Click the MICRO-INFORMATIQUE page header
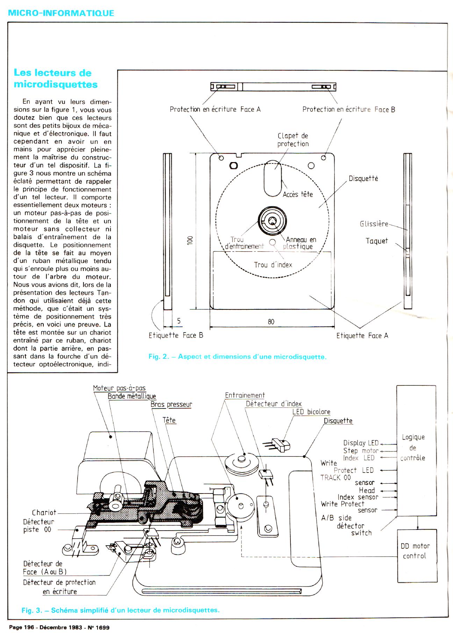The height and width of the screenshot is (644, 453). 61,13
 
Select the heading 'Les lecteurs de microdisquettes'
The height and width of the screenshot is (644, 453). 56,79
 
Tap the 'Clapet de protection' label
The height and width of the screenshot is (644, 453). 293,140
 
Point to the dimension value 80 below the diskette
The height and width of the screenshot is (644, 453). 271,322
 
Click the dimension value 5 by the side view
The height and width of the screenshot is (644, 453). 179,321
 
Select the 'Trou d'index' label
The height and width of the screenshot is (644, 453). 273,265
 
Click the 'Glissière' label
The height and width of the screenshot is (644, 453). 374,224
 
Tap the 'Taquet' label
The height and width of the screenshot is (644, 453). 376,241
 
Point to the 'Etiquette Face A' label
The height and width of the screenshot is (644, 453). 362,336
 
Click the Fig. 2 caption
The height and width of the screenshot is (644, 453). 237,357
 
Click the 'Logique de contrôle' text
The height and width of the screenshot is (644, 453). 413,447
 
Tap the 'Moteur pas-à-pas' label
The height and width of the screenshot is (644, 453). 119,388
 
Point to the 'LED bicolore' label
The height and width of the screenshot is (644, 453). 311,412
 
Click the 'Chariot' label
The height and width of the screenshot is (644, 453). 44,513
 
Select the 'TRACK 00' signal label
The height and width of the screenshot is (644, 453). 336,477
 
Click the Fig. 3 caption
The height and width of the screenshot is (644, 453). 121,610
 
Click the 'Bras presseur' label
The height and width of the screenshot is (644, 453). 171,405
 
